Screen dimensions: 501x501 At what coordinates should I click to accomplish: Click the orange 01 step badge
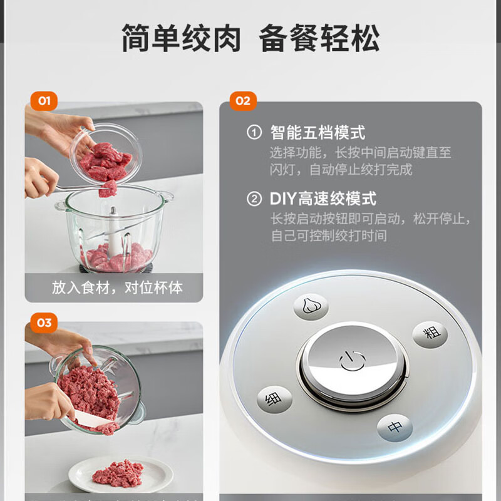point(44,101)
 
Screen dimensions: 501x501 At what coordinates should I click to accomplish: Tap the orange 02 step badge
point(243,101)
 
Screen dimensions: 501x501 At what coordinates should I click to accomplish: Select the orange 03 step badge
point(44,323)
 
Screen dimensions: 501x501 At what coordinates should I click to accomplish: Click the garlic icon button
point(311,306)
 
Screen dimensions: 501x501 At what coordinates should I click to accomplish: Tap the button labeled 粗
point(430,334)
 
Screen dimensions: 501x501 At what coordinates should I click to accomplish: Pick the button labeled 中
point(395,428)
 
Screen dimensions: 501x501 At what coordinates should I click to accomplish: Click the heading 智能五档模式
point(318,132)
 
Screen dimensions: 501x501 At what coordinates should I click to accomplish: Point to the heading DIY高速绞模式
point(323,199)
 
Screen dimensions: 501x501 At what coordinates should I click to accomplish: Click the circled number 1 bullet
point(254,132)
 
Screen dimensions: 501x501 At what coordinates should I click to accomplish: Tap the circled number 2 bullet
point(254,199)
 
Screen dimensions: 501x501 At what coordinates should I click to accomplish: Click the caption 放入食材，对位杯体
point(117,287)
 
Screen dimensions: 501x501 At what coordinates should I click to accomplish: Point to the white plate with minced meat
point(121,474)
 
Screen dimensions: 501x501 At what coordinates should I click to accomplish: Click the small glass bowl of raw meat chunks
point(106,154)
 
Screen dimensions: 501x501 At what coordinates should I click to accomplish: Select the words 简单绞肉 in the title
point(181,38)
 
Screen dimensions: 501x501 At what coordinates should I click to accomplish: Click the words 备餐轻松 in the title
point(319,38)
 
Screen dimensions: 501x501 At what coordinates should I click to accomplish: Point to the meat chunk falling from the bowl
point(108,189)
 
